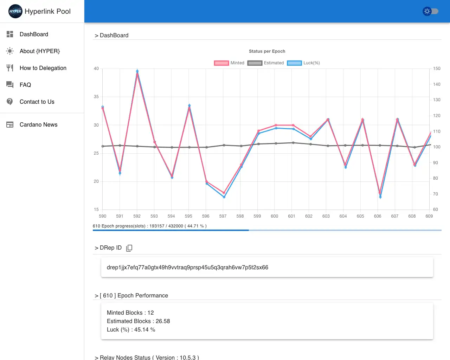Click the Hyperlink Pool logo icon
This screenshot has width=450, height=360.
tap(15, 11)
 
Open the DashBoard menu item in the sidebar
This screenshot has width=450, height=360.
tap(34, 34)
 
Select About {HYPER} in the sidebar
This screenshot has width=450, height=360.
tap(39, 51)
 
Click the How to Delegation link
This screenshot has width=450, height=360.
tap(43, 68)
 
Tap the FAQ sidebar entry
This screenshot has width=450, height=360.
tap(25, 85)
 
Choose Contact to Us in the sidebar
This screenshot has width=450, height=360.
tap(37, 102)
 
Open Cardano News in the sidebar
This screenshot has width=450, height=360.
tap(38, 124)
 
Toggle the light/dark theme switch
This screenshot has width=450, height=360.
tap(430, 11)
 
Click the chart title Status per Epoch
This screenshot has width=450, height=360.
tap(267, 51)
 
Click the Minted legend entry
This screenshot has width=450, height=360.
tap(229, 63)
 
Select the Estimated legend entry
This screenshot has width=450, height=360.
tap(266, 63)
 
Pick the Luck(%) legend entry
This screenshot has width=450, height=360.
tap(304, 63)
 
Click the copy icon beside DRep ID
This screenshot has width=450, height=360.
tap(129, 248)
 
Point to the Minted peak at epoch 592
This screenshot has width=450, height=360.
tap(137, 74)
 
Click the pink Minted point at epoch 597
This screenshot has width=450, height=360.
tap(224, 193)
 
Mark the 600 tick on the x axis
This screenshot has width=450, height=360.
tap(275, 216)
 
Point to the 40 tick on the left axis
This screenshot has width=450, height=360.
tap(96, 69)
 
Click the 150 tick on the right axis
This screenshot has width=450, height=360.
tap(437, 69)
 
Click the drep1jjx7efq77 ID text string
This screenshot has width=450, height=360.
tap(187, 268)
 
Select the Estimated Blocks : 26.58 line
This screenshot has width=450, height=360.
tap(138, 321)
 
